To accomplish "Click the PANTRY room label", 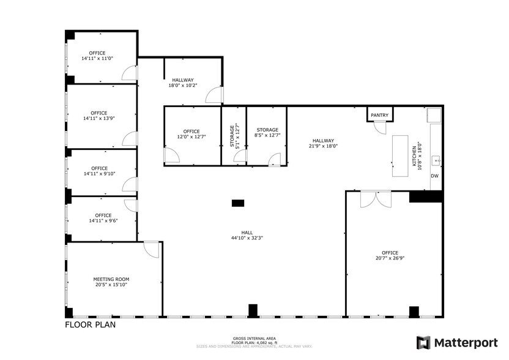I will (379, 115).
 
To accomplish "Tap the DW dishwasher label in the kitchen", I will (435, 176).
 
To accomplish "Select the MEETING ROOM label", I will (111, 279).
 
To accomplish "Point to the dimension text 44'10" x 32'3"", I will (247, 238).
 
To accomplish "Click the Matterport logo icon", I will (423, 342).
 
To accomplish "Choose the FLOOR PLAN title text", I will (90, 325).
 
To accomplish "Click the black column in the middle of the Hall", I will (238, 203).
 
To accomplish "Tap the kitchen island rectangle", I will (401, 156).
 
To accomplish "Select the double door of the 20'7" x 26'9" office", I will (376, 200).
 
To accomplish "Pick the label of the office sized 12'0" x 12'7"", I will (191, 132).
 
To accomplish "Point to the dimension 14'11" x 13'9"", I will (98, 119).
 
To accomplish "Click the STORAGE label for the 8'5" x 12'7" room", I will (267, 130).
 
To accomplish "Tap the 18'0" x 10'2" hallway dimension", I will (182, 86).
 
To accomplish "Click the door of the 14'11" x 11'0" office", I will (130, 73).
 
